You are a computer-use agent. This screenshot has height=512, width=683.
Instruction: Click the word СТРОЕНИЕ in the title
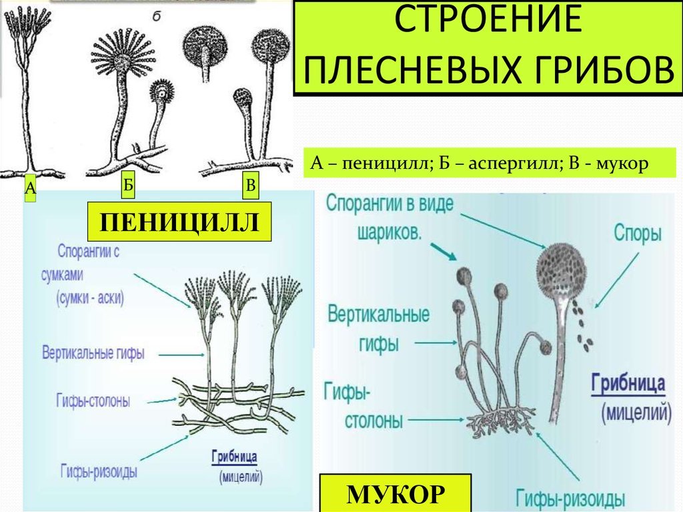(488, 19)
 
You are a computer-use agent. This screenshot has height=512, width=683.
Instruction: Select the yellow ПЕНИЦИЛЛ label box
(179, 222)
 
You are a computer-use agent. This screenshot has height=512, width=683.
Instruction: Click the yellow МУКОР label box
(396, 493)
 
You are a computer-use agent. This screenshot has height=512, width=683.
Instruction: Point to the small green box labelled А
(30, 188)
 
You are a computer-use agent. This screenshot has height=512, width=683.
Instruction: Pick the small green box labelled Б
(127, 185)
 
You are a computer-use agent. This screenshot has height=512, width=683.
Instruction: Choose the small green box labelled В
(251, 186)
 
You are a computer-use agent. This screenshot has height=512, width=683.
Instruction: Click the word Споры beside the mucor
(638, 234)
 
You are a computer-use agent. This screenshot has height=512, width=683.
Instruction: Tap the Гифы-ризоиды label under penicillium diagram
(99, 471)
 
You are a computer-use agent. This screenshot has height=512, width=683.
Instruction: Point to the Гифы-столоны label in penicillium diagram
(93, 401)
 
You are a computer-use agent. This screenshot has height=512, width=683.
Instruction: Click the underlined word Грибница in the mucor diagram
(628, 385)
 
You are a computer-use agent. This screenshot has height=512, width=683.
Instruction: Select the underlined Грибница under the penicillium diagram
(234, 457)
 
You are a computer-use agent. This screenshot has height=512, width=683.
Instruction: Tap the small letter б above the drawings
(157, 16)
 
